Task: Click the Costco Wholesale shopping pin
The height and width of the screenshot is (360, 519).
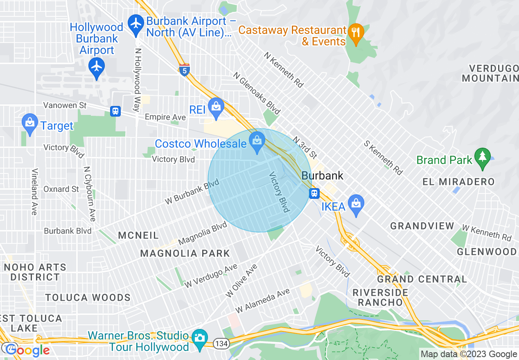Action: (x=257, y=144)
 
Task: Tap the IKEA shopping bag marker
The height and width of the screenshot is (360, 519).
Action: (x=356, y=204)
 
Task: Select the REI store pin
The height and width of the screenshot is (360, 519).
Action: (x=215, y=108)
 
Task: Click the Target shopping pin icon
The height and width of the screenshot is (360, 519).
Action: (x=29, y=124)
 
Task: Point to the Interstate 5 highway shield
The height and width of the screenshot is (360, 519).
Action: (x=184, y=70)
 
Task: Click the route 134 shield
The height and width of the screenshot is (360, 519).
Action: (x=221, y=343)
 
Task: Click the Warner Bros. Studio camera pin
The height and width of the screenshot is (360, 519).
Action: (x=200, y=339)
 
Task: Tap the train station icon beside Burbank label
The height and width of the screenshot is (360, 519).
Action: (x=314, y=193)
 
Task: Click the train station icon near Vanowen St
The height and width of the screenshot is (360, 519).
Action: (x=115, y=111)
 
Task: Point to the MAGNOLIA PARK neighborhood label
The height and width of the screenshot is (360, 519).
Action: (x=185, y=254)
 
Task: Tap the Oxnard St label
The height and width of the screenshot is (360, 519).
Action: (x=61, y=189)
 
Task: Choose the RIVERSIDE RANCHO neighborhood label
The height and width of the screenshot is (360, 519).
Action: (x=380, y=297)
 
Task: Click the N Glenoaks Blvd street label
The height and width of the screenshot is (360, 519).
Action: (x=257, y=93)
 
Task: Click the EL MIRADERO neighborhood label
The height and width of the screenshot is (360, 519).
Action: (x=458, y=182)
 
